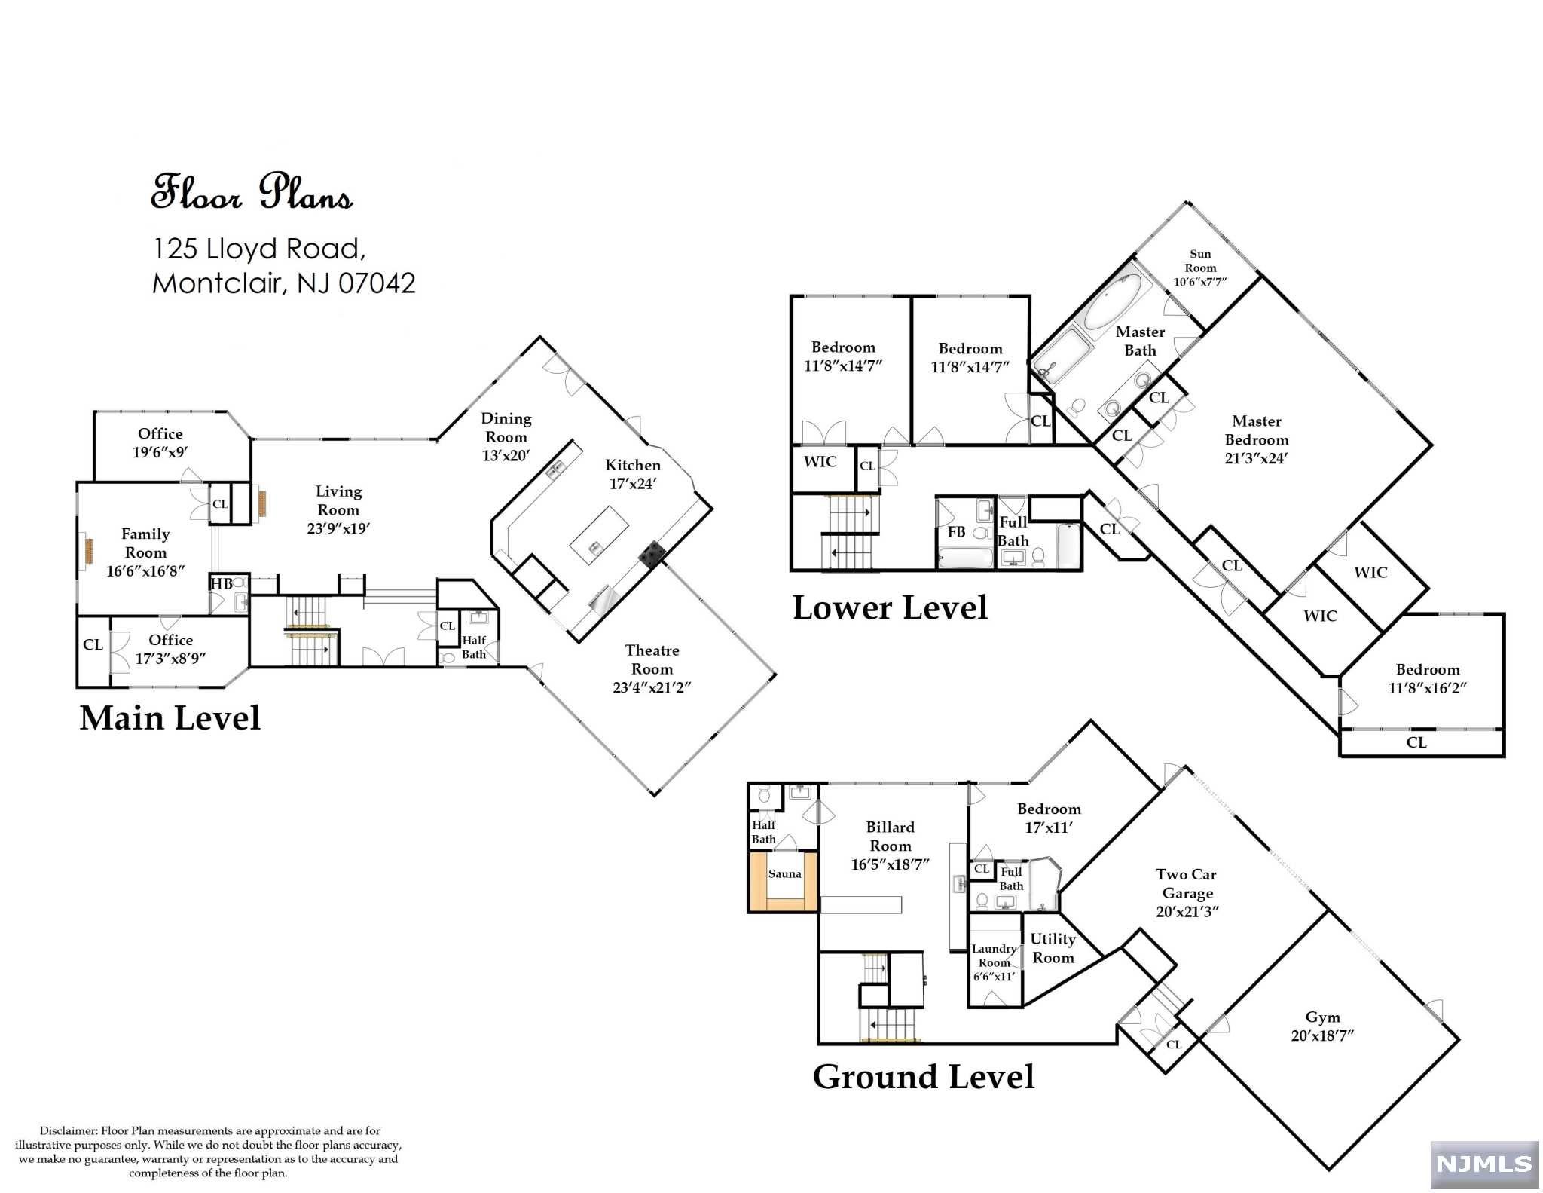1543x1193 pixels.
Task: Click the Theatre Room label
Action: pos(652,659)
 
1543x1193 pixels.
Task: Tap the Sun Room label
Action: pos(1200,261)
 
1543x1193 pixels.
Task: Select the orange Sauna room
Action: pos(784,882)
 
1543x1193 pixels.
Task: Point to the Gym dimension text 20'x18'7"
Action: pos(1322,1035)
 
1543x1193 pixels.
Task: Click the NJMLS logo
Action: pos(1484,1164)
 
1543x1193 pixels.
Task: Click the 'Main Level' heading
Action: pos(170,718)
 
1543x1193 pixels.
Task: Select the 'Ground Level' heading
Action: pos(924,1077)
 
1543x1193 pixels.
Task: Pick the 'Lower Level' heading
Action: pos(890,608)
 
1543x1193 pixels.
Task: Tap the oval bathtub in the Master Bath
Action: pos(1113,300)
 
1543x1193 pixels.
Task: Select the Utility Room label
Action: pos(1053,948)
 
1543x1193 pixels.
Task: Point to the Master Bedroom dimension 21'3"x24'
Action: pos(1256,458)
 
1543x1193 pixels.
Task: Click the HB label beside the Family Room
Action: pos(222,583)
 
